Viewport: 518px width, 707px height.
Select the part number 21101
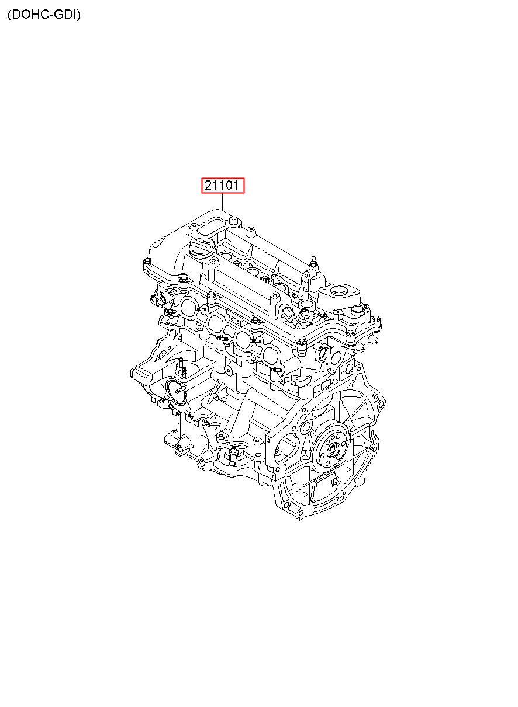point(222,185)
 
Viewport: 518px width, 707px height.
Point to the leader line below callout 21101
point(223,201)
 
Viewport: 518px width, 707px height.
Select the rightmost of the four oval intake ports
point(271,355)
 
